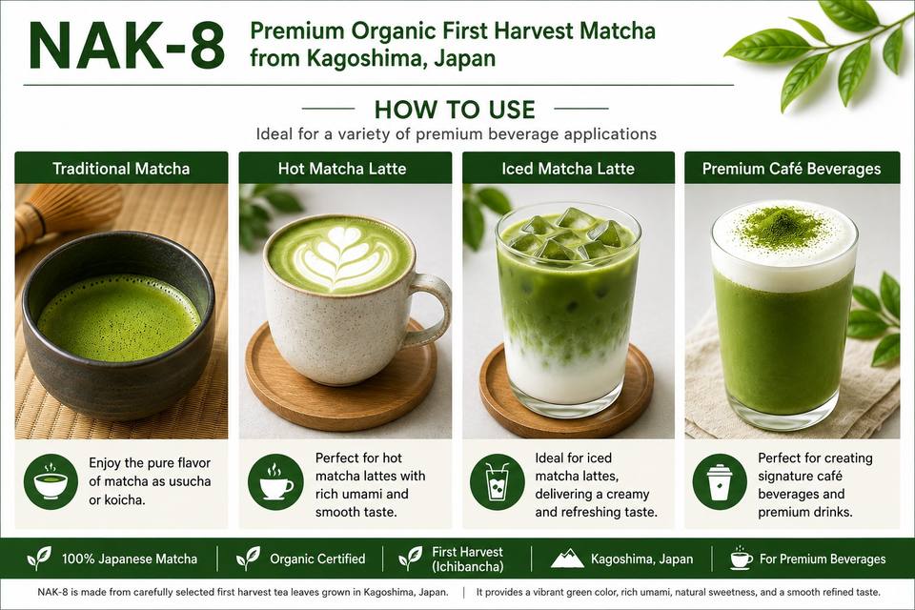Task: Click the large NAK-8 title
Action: [127, 48]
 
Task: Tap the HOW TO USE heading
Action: [455, 110]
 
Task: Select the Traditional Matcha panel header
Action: [121, 169]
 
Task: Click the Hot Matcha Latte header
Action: [342, 169]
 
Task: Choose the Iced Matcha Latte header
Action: [568, 169]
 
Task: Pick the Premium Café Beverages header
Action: [791, 169]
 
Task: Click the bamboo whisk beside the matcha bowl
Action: [64, 213]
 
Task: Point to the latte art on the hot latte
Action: [340, 255]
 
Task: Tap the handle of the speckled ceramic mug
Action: [432, 310]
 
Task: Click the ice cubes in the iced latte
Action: [569, 235]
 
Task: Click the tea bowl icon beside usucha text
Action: [51, 481]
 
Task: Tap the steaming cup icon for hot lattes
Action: [275, 482]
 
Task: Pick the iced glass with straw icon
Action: [498, 482]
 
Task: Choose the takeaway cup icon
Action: [720, 482]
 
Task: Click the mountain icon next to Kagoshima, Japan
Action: [567, 559]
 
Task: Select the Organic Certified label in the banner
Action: [317, 559]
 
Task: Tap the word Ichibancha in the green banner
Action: [467, 566]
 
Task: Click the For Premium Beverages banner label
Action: [823, 559]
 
